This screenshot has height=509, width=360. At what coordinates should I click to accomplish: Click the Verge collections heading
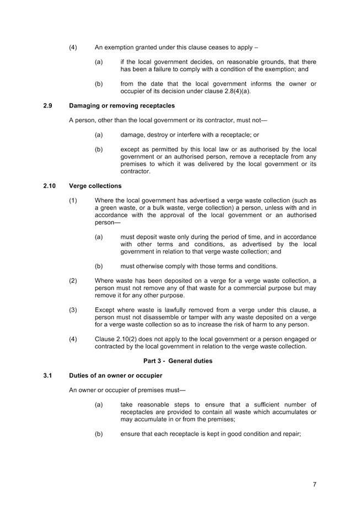click(95, 186)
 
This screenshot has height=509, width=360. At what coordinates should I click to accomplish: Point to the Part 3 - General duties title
click(175, 361)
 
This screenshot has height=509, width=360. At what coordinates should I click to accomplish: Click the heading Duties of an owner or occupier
click(116, 376)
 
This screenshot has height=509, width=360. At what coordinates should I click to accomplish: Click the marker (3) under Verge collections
click(73, 310)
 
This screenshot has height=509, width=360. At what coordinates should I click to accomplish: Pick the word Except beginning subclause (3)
click(105, 310)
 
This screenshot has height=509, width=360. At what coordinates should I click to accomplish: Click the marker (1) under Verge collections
click(73, 200)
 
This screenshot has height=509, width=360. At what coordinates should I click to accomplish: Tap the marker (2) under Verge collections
click(73, 281)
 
